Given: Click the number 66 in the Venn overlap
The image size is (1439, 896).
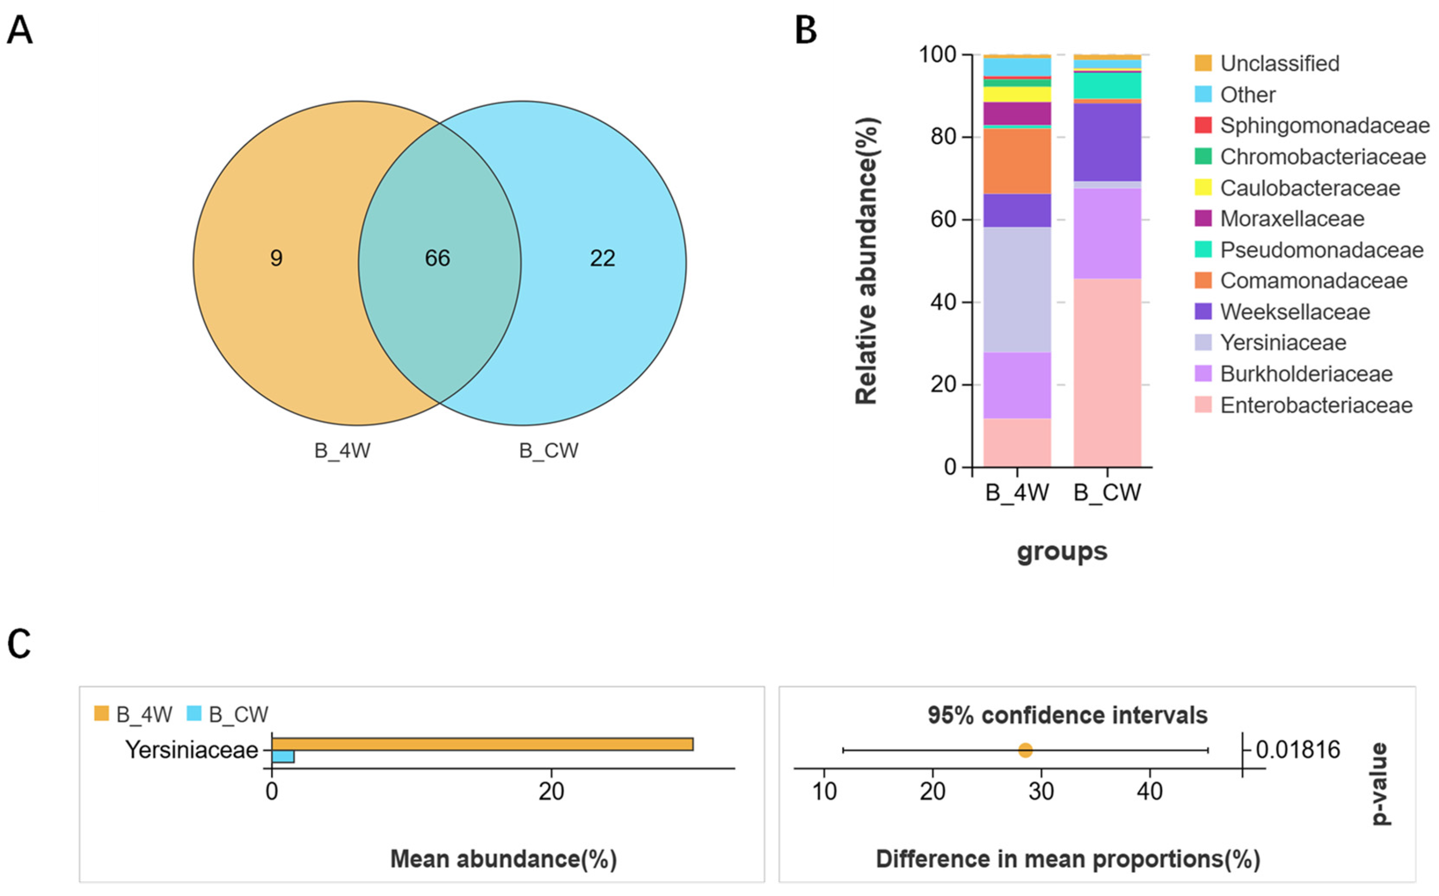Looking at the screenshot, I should pos(437,258).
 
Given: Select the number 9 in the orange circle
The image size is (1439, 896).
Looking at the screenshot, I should pos(276,258).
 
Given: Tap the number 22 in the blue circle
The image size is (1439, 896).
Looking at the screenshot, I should pos(602,258).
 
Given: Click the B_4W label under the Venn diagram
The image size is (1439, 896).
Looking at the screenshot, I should pos(342,451).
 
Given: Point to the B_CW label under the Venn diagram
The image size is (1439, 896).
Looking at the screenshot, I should pos(548,451).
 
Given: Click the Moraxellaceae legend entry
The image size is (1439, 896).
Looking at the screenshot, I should pos(1292,219).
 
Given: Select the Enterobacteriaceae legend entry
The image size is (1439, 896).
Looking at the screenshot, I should pos(1316,405).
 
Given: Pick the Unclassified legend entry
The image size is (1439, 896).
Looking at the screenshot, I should pos(1279,63).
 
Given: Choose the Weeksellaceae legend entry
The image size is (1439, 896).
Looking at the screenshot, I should pos(1295,312).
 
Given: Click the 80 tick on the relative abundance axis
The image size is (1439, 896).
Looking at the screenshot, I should pos(943,137).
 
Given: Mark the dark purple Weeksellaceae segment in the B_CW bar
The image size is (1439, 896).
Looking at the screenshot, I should pos(1107,142).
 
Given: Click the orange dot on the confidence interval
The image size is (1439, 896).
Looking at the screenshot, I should pos(1025,751).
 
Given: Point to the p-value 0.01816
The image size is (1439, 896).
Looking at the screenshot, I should pos(1298,751).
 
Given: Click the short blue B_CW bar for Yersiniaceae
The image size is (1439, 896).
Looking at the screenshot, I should pos(283,757).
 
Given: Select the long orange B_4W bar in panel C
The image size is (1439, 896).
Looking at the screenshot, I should pos(482,744).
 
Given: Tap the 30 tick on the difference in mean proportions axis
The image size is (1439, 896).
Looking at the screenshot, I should pos(1042,791).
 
